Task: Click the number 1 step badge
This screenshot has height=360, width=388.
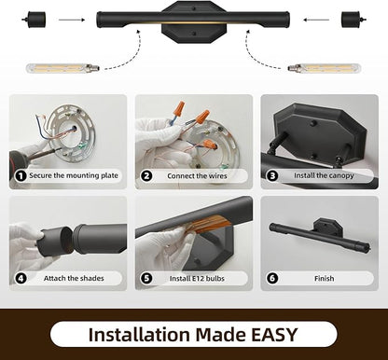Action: tap(21, 176)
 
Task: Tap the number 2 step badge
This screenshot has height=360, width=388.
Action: tap(146, 176)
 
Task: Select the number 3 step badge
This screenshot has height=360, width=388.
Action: tap(272, 176)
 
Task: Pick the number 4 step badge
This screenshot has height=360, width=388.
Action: tap(21, 278)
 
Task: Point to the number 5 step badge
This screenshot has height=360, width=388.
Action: tap(146, 278)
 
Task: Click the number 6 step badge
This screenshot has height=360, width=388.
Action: tap(272, 278)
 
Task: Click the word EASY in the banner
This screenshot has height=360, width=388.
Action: tap(274, 335)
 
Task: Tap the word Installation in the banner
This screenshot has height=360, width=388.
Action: tap(139, 335)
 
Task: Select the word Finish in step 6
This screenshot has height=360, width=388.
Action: tap(324, 278)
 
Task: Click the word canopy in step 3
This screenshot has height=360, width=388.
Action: tap(341, 176)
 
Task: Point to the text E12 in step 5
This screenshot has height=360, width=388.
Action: tap(198, 278)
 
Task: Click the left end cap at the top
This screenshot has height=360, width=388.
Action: tap(34, 20)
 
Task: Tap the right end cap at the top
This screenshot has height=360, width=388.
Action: tap(353, 20)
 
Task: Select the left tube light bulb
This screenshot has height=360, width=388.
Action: tap(63, 67)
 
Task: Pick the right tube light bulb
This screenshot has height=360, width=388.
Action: tap(325, 68)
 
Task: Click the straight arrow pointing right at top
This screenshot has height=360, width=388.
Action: tap(72, 20)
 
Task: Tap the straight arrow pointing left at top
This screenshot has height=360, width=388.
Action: tap(316, 20)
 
